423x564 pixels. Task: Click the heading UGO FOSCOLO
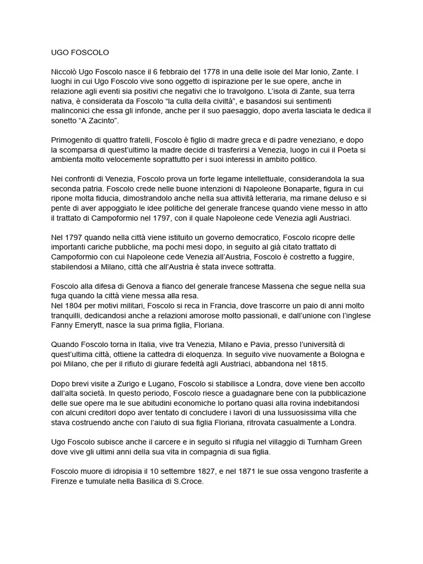pyautogui.click(x=77, y=53)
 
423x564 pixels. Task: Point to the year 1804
pyautogui.click(x=76, y=306)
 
